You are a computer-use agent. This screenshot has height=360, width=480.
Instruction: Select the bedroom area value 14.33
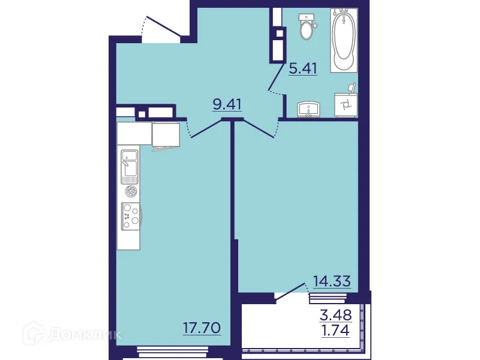[332, 280]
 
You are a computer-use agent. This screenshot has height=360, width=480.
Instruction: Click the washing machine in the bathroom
[346, 106]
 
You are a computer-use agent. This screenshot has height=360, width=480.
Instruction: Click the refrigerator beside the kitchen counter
[166, 134]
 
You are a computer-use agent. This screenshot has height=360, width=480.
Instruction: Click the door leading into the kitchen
[204, 129]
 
